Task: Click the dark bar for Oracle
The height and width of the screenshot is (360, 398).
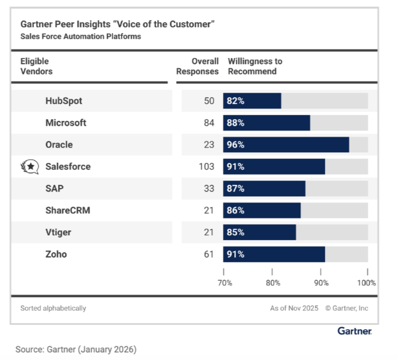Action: tap(286, 145)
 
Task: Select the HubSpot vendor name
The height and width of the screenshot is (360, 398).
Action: tap(64, 101)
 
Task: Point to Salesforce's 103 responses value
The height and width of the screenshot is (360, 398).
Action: tap(207, 166)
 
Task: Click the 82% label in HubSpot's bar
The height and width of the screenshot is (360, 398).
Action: tap(236, 101)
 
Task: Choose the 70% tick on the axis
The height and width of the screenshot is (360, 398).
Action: tap(224, 282)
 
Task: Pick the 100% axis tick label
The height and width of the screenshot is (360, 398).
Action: tap(367, 282)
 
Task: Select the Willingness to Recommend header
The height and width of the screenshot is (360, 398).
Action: tap(255, 66)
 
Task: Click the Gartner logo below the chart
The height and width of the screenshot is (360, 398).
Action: tap(355, 331)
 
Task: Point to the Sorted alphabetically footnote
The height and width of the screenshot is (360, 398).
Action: tap(53, 308)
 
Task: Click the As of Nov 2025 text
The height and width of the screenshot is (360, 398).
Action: tap(294, 308)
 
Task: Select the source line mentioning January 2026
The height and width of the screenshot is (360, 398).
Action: tap(76, 349)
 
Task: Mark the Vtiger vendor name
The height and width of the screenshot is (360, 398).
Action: tap(58, 232)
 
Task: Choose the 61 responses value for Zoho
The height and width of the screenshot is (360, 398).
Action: tap(209, 254)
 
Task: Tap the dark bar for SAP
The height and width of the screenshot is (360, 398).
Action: tap(264, 188)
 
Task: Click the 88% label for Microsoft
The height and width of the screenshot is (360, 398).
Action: tap(236, 123)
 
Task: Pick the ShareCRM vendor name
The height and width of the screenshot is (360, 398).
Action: tap(68, 210)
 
